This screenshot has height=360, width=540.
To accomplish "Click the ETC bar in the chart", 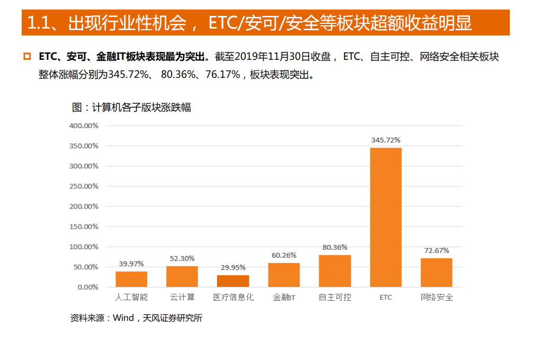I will click(385, 217).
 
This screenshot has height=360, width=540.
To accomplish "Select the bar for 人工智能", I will click(131, 279).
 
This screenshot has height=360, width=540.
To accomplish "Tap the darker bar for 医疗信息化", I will click(233, 281).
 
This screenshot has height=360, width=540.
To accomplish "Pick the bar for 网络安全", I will click(436, 273).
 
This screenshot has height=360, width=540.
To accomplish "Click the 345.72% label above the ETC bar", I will click(385, 140).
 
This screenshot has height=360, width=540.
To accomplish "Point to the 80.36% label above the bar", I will click(335, 247).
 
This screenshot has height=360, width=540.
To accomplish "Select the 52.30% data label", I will click(182, 258).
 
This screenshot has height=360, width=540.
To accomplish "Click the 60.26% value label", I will click(284, 255).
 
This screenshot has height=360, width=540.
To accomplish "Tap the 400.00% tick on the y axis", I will click(84, 126).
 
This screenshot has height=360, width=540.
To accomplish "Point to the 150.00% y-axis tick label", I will click(84, 227).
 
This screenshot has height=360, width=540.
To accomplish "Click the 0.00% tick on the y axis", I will click(87, 287).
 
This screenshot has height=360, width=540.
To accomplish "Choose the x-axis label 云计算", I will click(182, 298).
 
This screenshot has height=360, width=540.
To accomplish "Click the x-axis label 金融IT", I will click(284, 298).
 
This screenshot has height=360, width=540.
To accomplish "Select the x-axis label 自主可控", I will click(335, 298).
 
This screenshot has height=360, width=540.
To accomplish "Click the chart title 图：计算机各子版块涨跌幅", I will click(131, 107).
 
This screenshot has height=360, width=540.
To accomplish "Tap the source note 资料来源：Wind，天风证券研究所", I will click(136, 318).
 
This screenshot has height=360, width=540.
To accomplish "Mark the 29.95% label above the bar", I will click(233, 267).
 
